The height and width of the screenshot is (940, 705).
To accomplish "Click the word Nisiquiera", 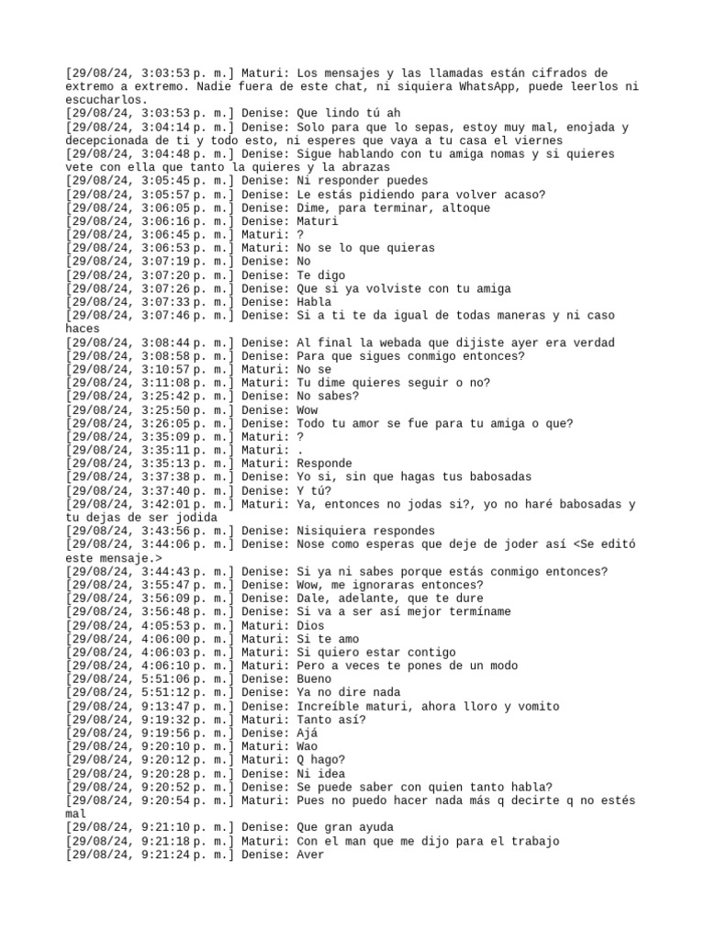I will [333, 531].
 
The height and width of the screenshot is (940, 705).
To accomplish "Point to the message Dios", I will [311, 625].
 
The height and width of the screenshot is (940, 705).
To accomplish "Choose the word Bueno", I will [315, 679].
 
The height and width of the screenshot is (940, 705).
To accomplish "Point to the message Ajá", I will [308, 733].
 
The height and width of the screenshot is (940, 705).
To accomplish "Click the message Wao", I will [308, 746].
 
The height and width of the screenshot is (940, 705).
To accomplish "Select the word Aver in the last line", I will [311, 855].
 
